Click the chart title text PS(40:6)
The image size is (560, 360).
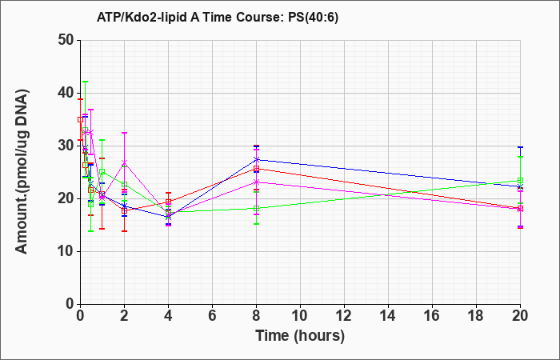(313, 17)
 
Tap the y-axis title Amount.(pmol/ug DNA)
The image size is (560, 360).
(22, 172)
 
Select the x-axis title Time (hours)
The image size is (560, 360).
(300, 336)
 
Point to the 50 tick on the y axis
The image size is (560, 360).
(66, 40)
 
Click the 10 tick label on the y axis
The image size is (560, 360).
(66, 251)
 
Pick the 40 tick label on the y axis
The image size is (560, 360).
(66, 94)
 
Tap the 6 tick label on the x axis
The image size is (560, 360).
(212, 316)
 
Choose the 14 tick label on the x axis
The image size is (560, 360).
(388, 316)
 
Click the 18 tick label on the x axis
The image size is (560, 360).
(477, 316)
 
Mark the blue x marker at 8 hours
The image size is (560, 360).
(256, 159)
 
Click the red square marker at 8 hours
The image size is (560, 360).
(256, 169)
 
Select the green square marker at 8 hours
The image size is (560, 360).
(256, 209)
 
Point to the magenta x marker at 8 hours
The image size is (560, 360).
(256, 182)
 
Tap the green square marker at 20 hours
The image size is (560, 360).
(520, 181)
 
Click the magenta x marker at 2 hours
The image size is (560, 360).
(124, 163)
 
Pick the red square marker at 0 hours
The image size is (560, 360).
(80, 120)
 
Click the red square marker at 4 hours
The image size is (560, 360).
(168, 202)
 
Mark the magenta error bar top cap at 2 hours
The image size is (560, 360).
(124, 133)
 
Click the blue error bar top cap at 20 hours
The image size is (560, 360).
(520, 147)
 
